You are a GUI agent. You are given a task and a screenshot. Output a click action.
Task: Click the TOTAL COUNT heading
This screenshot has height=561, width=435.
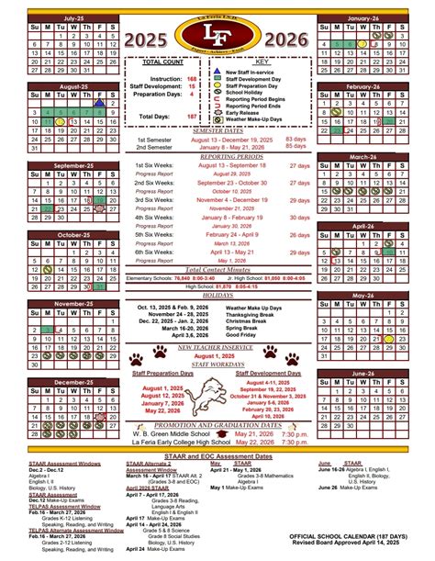click(x=165, y=62)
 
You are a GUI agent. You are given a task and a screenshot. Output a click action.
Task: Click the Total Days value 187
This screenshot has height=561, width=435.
click(x=191, y=117)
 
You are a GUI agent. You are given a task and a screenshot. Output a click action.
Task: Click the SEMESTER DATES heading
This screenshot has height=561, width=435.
click(x=217, y=131)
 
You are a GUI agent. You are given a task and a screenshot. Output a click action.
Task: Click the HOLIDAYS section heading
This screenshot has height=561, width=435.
click(x=217, y=297)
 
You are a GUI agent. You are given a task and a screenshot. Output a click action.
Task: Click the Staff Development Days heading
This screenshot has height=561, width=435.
click(x=268, y=374)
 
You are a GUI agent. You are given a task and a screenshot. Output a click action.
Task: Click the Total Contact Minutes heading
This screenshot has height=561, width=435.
click(x=217, y=270)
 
